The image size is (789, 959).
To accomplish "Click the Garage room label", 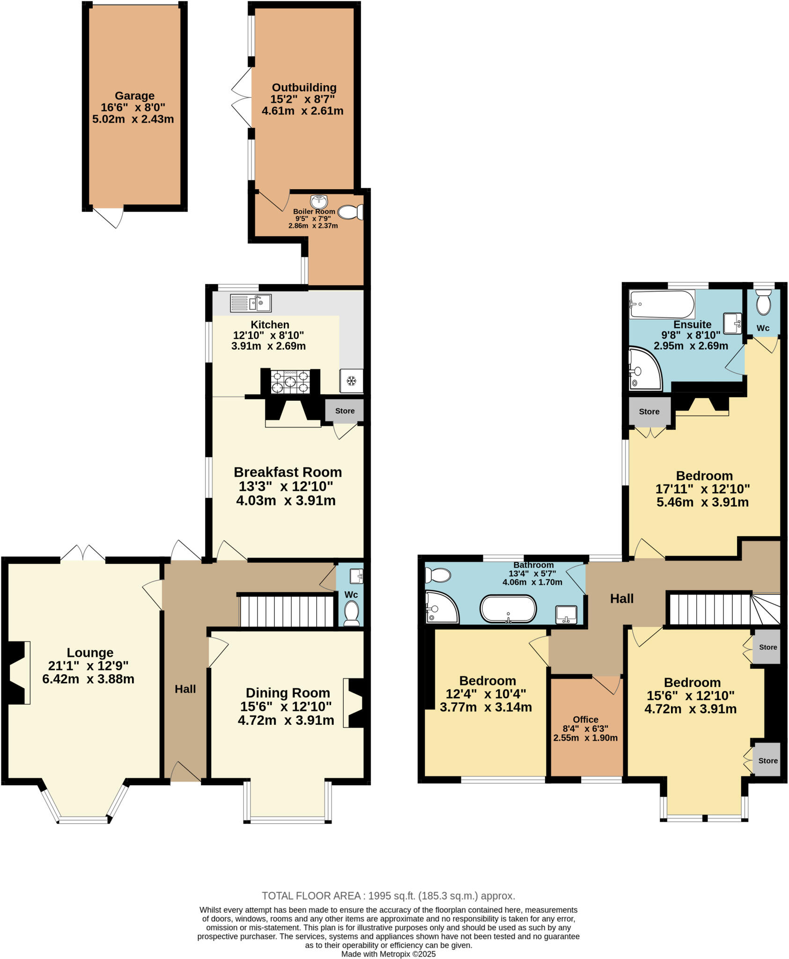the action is [134, 96].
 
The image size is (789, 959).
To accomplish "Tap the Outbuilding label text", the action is [304, 88].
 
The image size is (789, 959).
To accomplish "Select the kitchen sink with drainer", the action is [251, 303].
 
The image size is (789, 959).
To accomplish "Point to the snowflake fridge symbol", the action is [351, 381].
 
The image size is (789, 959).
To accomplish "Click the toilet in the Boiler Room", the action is [351, 212].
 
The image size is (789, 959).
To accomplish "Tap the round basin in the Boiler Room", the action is [320, 202].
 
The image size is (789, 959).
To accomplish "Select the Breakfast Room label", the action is [288, 472].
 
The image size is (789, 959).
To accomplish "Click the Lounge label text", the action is [90, 653].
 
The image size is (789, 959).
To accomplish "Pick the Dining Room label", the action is [288, 693].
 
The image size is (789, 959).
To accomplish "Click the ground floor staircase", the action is [288, 611].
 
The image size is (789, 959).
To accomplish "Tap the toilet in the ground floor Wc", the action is [351, 613].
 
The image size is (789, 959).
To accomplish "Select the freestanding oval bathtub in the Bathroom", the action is [508, 609].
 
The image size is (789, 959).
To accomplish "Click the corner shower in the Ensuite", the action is [645, 369].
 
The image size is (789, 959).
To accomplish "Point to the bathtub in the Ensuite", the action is [662, 304].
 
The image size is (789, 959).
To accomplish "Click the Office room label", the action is [585, 719].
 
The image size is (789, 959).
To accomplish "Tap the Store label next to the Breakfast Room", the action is [345, 411].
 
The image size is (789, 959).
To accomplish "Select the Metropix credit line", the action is [389, 954].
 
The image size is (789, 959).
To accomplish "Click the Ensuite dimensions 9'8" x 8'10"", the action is [691, 335].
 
